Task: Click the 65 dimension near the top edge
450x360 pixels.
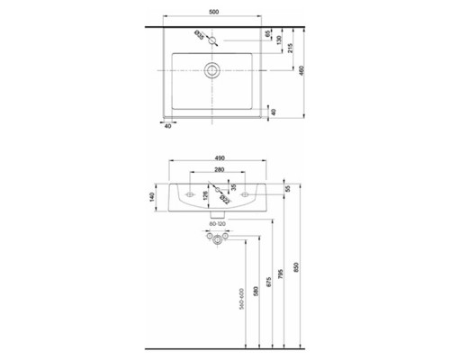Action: pyautogui.click(x=267, y=33)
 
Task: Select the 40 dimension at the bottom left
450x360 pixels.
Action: pyautogui.click(x=168, y=126)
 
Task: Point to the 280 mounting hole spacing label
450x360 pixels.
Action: pyautogui.click(x=216, y=168)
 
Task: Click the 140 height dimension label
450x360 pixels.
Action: pyautogui.click(x=153, y=195)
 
